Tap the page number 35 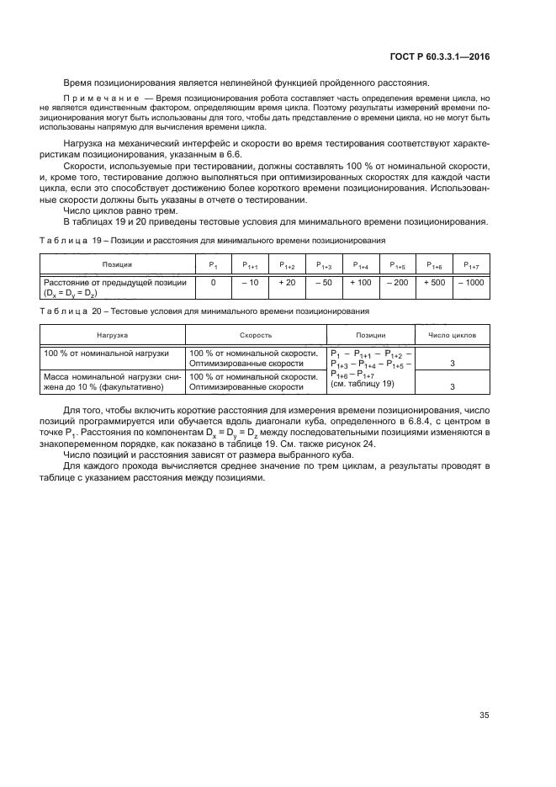(x=485, y=715)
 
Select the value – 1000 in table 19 (x=472, y=283)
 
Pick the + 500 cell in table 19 (x=436, y=283)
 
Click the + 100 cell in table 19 (x=360, y=283)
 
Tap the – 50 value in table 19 (x=324, y=283)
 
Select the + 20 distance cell (x=287, y=283)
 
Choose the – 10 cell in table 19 (x=250, y=283)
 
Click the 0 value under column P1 (x=214, y=283)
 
